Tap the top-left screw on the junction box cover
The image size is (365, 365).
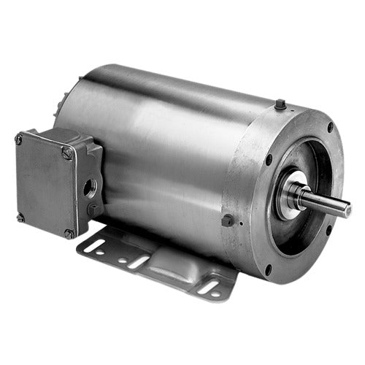point(19,139)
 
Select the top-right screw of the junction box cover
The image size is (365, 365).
point(68,153)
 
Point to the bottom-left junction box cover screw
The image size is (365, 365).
point(20,217)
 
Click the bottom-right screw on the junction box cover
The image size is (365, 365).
point(69,234)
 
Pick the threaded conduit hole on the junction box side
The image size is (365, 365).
point(88,186)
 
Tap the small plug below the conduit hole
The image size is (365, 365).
point(91,210)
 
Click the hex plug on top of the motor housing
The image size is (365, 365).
point(281,107)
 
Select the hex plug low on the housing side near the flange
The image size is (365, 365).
point(228,219)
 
